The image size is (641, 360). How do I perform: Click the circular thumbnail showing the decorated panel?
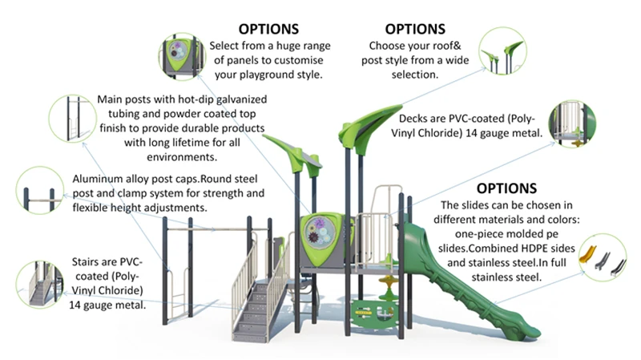pos(181,57)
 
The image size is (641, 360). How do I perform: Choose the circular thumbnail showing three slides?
pos(602,257)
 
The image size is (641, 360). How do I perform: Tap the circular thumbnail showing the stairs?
pos(40,284)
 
